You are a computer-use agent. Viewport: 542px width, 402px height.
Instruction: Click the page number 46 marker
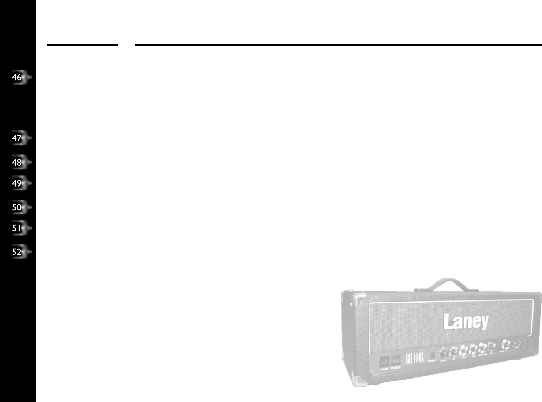click(x=17, y=77)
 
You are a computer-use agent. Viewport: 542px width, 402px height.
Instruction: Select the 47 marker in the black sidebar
click(x=17, y=138)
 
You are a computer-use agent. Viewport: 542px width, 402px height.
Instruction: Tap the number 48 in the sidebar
click(x=17, y=162)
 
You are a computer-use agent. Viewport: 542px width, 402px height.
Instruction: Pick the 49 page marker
click(x=17, y=183)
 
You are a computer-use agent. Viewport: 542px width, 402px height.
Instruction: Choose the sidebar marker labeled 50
click(x=17, y=207)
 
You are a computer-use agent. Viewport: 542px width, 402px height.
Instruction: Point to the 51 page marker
click(x=17, y=228)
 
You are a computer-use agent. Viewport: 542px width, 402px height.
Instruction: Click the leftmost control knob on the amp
click(x=444, y=353)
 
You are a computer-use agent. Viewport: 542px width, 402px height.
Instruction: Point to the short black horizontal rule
click(x=82, y=45)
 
